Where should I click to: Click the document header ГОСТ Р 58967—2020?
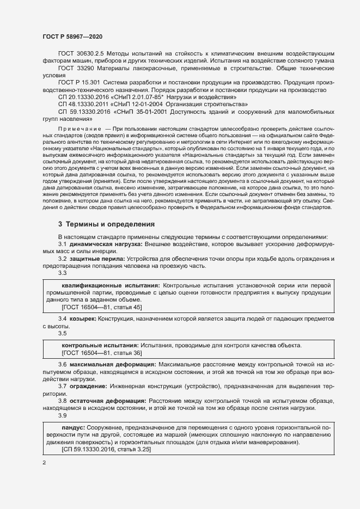pyautogui.click(x=72, y=36)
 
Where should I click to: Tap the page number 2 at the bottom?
pyautogui.click(x=44, y=463)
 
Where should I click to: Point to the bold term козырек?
pyautogui.click(x=83, y=317)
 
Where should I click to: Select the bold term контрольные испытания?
pyautogui.click(x=100, y=346)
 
